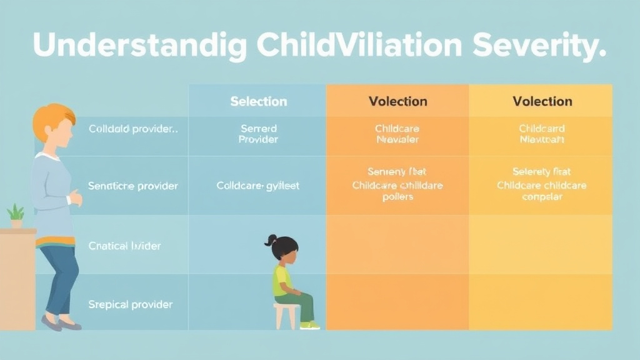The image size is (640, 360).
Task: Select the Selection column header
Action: (258, 101)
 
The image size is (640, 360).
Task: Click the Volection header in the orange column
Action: (397, 101)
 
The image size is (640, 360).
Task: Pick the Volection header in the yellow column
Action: (542, 101)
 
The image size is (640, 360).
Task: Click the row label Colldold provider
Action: (133, 129)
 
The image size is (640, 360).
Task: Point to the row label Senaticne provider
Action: (133, 186)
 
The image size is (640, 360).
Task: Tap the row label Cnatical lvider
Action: (124, 246)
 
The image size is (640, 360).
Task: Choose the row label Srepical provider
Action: (130, 304)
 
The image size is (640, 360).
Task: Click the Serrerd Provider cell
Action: (258, 134)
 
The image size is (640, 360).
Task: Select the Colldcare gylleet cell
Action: (257, 186)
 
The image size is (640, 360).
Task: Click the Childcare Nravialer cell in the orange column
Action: (397, 134)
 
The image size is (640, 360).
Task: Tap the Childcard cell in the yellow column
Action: (542, 129)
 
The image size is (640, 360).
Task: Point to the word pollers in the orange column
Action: (397, 197)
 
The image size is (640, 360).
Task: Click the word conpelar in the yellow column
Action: (542, 197)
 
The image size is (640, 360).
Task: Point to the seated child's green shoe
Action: (309, 325)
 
